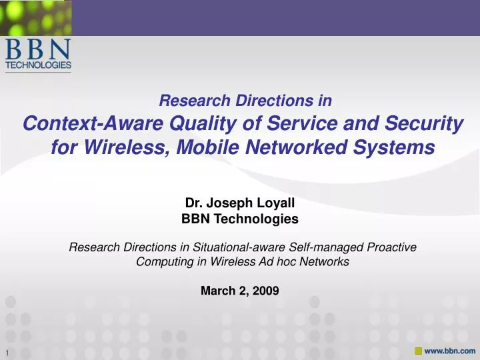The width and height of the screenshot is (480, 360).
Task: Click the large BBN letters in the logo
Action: click(x=38, y=49)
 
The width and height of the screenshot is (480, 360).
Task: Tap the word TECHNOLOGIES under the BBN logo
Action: click(x=38, y=65)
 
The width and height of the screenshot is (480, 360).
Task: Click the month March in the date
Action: click(x=216, y=290)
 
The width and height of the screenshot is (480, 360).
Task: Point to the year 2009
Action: click(x=266, y=290)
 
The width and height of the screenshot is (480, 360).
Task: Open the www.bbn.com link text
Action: click(x=450, y=351)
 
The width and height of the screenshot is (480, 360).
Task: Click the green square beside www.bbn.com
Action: click(x=418, y=351)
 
